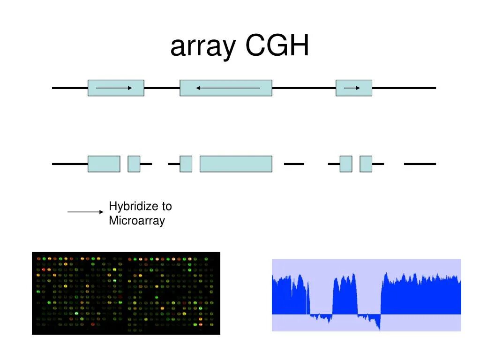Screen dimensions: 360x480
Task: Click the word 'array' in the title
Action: click(x=202, y=46)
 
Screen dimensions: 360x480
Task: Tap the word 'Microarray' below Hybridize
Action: click(x=137, y=221)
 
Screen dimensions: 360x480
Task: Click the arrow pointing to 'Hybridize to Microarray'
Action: click(x=85, y=212)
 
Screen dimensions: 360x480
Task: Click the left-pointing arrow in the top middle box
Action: click(x=228, y=88)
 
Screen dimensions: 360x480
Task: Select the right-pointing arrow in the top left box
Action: click(x=114, y=88)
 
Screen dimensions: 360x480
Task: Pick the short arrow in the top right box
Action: click(x=352, y=88)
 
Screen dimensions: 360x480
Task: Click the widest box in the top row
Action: click(x=226, y=88)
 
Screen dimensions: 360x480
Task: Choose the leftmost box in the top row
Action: click(x=116, y=88)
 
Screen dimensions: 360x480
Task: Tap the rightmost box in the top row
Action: click(x=354, y=88)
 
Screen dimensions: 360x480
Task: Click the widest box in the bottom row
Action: click(x=236, y=164)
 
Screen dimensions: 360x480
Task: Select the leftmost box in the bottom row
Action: click(x=104, y=164)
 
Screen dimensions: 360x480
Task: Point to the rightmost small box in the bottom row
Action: click(x=366, y=164)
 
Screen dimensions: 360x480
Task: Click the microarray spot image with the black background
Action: click(x=126, y=293)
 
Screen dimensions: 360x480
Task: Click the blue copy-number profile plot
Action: click(x=366, y=295)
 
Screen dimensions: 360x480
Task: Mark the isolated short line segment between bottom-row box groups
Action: click(x=294, y=164)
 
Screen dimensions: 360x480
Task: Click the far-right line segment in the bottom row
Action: click(x=420, y=164)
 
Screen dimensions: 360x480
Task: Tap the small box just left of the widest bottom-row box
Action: click(x=186, y=164)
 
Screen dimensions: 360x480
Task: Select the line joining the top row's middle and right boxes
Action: click(x=304, y=88)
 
